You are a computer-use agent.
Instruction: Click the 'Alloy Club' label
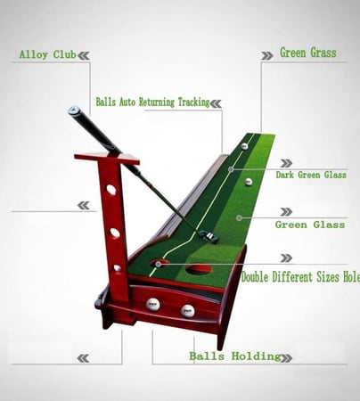(x=47, y=54)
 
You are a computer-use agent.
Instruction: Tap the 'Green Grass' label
(x=308, y=53)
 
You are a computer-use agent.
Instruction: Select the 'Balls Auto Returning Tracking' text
(x=152, y=102)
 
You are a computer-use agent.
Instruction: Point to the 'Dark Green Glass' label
(x=311, y=175)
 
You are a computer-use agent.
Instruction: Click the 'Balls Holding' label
(x=235, y=356)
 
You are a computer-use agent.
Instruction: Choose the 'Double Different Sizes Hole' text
(x=300, y=277)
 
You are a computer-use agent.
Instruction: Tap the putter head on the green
(x=209, y=234)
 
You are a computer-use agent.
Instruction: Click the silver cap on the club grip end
(x=73, y=110)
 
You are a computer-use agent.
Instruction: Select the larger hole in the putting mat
(x=199, y=269)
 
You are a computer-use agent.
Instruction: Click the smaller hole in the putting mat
(x=160, y=263)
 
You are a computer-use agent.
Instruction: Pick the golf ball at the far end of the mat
(x=244, y=146)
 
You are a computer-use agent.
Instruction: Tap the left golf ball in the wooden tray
(x=153, y=304)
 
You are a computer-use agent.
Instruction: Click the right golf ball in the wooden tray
(x=188, y=311)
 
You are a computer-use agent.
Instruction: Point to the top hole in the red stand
(x=111, y=190)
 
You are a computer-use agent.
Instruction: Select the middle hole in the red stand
(x=115, y=233)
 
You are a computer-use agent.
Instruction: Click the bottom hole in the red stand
(x=118, y=268)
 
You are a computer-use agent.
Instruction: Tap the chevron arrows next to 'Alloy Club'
(x=84, y=55)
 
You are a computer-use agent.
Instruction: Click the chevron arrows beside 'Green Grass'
(x=267, y=55)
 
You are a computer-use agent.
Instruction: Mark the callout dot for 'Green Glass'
(x=239, y=218)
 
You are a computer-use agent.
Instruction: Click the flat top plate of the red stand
(x=107, y=159)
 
